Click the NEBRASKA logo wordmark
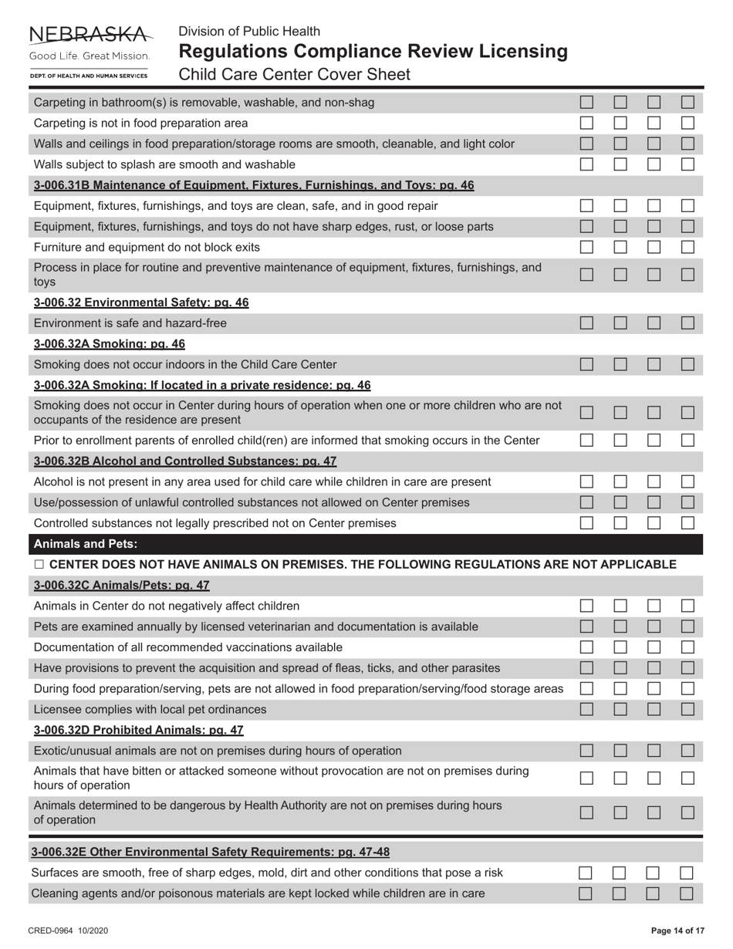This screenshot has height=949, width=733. click(x=90, y=34)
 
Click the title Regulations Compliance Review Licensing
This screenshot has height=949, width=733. click(x=373, y=52)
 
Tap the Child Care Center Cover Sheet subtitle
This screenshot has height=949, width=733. click(x=294, y=75)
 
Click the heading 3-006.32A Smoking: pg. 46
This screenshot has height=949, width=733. click(x=110, y=343)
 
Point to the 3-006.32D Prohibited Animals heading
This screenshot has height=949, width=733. click(x=139, y=730)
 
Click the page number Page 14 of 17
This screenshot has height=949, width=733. click(x=678, y=931)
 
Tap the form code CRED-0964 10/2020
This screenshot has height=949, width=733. click(x=69, y=931)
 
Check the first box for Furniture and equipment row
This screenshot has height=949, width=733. click(x=587, y=248)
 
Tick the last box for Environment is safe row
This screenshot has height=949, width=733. click(x=687, y=323)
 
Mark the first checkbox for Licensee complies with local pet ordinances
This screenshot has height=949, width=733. click(x=587, y=709)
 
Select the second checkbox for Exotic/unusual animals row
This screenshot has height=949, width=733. click(x=620, y=751)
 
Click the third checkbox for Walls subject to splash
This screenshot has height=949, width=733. click(x=654, y=164)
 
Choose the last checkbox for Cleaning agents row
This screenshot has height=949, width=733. click(x=687, y=893)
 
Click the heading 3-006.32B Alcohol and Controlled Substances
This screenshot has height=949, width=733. click(x=185, y=461)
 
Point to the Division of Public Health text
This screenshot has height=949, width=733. click(x=249, y=32)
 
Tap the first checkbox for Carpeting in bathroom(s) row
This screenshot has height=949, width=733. click(x=587, y=102)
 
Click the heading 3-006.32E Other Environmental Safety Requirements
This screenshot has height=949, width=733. click(x=210, y=852)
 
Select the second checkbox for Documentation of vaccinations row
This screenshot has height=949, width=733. click(x=620, y=647)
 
